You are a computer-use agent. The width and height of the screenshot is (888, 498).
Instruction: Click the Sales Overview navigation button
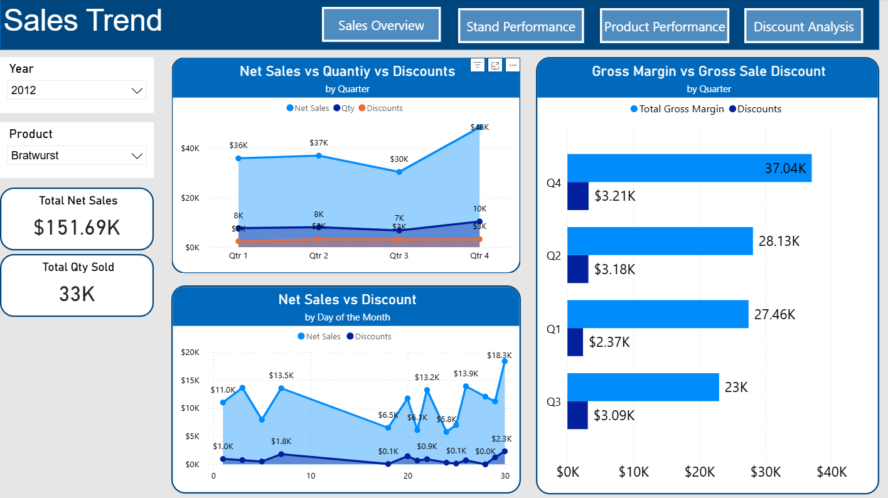click(381, 25)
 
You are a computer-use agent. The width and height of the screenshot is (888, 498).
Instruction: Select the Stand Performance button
click(520, 26)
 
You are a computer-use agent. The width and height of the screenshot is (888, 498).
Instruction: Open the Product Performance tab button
click(664, 26)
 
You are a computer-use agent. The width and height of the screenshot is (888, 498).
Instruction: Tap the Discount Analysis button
click(803, 26)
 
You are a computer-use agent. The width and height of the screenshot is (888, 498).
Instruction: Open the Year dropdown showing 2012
click(77, 90)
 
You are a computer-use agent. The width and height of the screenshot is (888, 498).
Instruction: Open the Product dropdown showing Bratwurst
click(77, 156)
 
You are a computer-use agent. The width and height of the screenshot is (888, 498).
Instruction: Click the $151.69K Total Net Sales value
click(77, 227)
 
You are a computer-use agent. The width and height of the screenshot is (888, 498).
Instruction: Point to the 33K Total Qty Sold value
click(77, 294)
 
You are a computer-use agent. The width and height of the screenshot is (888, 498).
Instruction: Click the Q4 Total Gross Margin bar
click(688, 168)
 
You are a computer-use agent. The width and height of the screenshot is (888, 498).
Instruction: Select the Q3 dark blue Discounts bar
click(577, 415)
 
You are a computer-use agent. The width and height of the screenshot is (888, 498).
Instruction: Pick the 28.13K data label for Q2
click(779, 241)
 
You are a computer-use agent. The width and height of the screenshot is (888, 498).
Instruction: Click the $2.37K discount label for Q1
click(609, 342)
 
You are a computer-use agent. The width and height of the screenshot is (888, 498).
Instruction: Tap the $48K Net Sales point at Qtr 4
click(479, 127)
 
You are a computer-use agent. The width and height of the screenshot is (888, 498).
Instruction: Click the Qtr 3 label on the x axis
click(399, 256)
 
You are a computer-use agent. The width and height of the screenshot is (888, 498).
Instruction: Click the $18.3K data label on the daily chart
click(499, 356)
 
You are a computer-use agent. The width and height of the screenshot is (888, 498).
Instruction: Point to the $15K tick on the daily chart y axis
click(190, 381)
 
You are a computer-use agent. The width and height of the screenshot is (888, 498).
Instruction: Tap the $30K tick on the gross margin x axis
click(766, 472)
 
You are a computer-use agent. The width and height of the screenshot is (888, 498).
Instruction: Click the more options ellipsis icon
click(512, 65)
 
